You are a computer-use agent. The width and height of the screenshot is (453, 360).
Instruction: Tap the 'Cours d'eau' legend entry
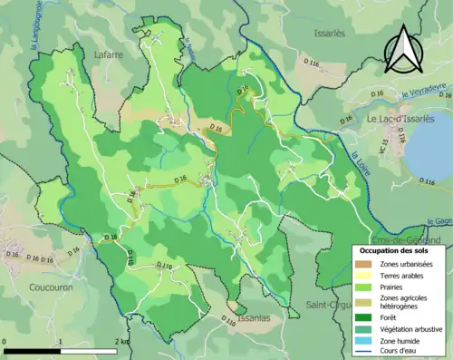[404, 353]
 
